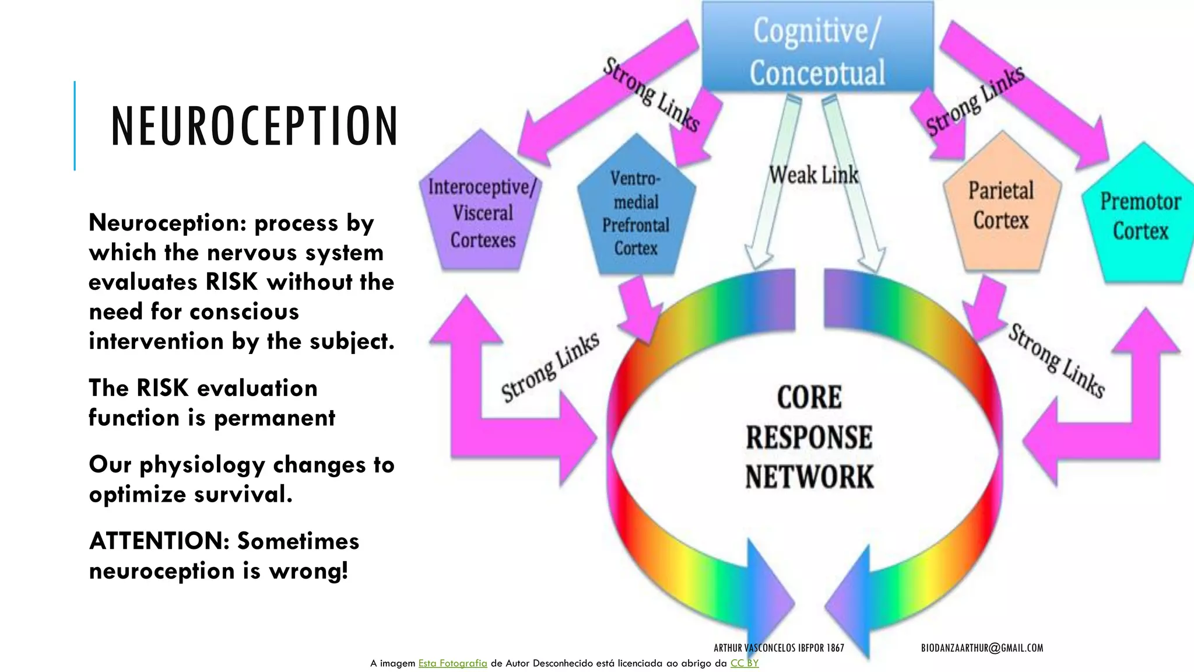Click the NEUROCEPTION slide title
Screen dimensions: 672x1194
(x=254, y=126)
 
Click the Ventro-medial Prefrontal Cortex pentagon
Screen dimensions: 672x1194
(x=636, y=213)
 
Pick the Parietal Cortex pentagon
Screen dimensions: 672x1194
(x=1001, y=205)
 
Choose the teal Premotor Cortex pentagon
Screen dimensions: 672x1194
(x=1140, y=216)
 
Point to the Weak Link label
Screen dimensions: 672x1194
(x=813, y=174)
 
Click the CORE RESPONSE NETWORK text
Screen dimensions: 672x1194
(x=809, y=437)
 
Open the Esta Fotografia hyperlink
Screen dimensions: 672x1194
(x=452, y=663)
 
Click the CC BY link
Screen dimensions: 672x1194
(x=745, y=663)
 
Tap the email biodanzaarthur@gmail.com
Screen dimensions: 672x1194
(x=982, y=647)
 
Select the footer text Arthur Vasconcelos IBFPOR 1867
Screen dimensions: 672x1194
(x=778, y=647)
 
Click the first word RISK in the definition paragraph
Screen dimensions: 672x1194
(x=231, y=282)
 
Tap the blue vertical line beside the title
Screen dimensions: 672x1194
(x=75, y=125)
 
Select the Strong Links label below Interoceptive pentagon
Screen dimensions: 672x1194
(x=550, y=367)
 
